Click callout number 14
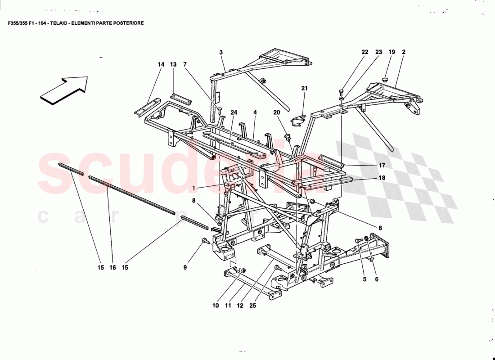161,64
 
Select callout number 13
173,64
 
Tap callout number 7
185,64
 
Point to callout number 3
221,53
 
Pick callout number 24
234,113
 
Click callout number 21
304,88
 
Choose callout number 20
276,112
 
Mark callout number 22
365,52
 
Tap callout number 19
391,52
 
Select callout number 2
404,52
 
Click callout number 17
382,165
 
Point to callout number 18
382,178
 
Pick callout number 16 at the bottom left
112,267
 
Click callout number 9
184,267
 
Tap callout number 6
377,279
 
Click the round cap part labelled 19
385,79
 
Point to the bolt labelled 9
206,241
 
